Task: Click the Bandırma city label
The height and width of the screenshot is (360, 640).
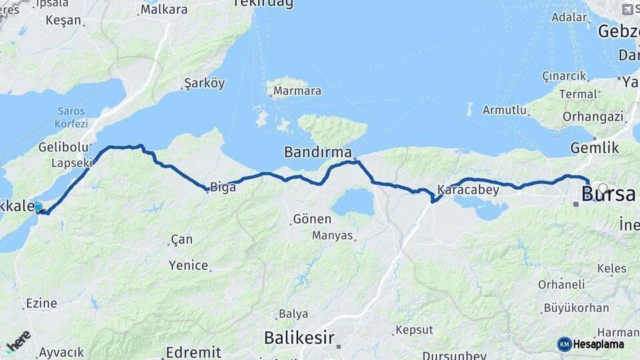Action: click(317, 151)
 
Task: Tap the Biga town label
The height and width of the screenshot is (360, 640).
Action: click(223, 187)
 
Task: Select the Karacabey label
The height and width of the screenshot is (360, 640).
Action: click(469, 189)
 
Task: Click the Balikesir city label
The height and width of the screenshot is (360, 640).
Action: click(299, 337)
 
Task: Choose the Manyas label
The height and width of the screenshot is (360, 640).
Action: click(333, 235)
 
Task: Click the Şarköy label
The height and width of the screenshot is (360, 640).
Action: click(204, 84)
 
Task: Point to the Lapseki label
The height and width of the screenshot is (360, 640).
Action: click(72, 163)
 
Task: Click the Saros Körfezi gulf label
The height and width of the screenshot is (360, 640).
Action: click(72, 117)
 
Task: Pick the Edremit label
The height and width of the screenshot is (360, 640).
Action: click(193, 352)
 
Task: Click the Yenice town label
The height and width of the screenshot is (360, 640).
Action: click(189, 265)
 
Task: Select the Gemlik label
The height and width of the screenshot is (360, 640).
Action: click(595, 148)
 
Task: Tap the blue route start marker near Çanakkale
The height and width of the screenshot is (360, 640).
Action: click(38, 207)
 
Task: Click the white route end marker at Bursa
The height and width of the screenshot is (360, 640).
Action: click(603, 189)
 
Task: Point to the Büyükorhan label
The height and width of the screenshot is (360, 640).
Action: click(576, 308)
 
